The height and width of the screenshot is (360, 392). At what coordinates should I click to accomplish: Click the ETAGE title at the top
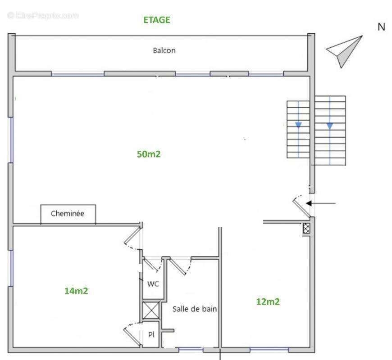tap(156, 20)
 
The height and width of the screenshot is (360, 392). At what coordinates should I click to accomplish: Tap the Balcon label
tap(164, 50)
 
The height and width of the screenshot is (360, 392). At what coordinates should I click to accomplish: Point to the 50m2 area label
tap(149, 154)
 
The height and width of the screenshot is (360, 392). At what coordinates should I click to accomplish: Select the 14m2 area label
tap(76, 291)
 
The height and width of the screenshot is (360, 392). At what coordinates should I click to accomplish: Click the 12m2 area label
tap(268, 301)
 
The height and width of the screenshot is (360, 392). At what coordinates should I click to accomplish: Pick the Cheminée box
tap(68, 214)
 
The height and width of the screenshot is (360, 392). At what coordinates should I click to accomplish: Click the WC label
tap(153, 283)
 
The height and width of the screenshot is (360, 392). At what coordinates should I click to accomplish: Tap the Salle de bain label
tap(195, 309)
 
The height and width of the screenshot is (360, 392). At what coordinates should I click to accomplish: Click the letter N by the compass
tap(381, 27)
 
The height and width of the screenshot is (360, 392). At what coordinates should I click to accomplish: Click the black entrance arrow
tap(321, 203)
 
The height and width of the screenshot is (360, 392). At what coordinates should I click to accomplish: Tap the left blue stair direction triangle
tap(298, 125)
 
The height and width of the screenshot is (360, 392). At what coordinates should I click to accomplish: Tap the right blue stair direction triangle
tap(330, 126)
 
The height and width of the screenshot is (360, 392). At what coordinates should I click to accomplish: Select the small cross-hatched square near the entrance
tap(306, 229)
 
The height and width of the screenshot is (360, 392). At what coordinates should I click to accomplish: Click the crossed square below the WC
tap(151, 310)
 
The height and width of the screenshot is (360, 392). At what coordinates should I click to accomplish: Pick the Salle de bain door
tap(180, 266)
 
